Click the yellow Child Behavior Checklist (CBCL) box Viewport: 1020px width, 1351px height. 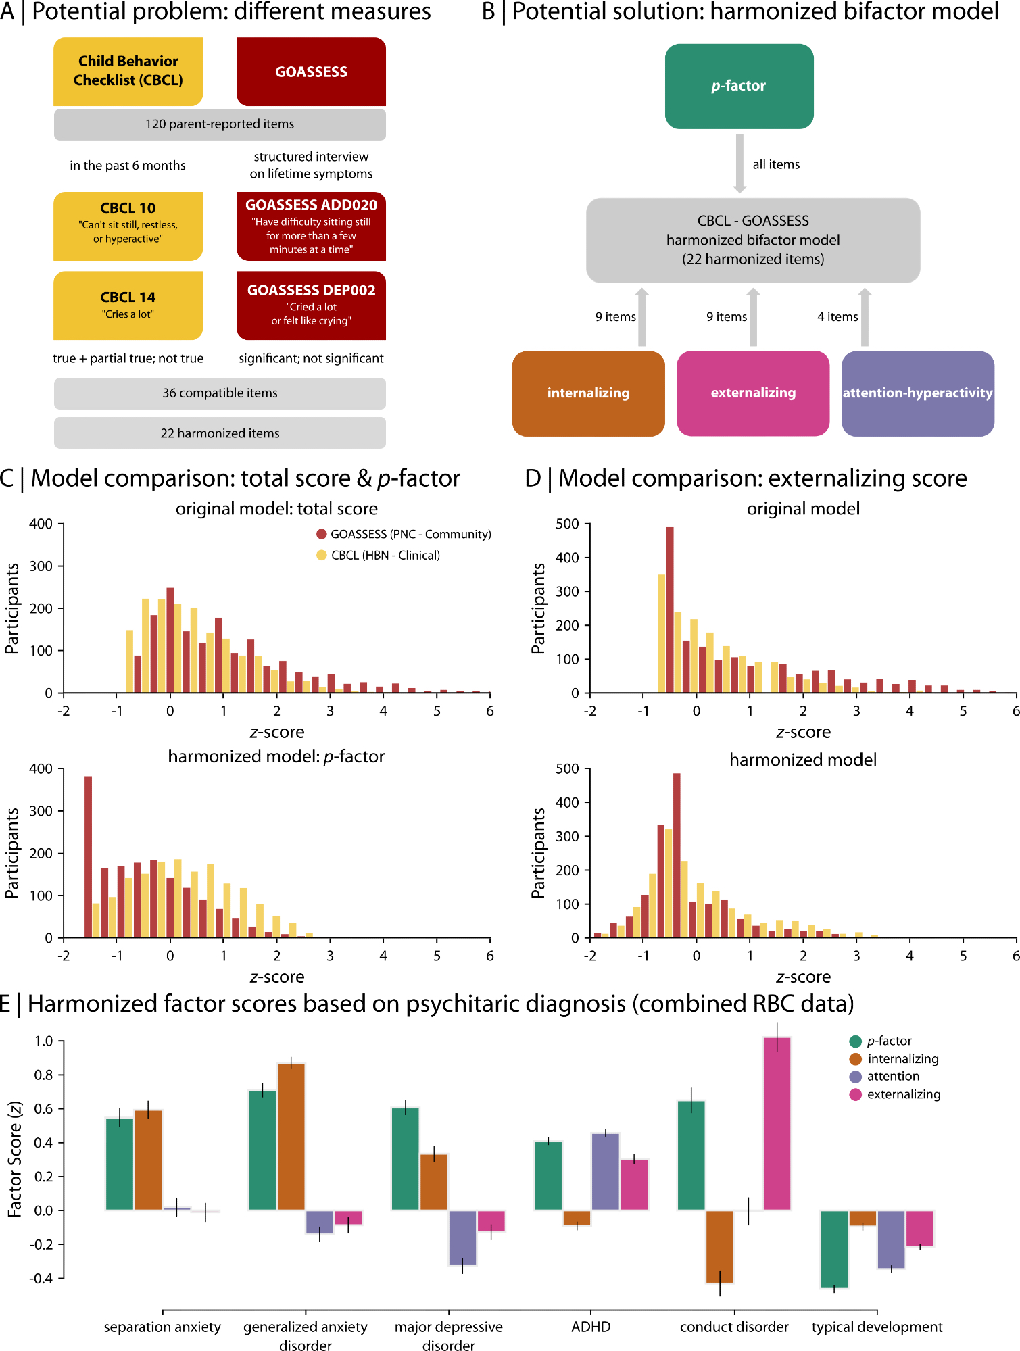tap(128, 71)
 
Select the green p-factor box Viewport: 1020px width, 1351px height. tap(739, 86)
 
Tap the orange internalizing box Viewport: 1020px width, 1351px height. tap(588, 393)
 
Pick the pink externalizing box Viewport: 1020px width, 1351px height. tap(753, 393)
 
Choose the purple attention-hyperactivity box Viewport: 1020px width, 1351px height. tap(917, 393)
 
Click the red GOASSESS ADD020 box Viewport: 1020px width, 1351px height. tap(311, 226)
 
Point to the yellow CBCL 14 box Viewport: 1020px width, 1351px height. tap(128, 305)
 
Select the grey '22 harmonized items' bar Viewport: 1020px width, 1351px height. tap(220, 433)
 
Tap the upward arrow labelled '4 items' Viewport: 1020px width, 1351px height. tap(865, 317)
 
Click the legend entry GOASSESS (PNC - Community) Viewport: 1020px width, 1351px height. tap(404, 534)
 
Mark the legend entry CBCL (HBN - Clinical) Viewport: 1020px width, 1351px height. tap(379, 555)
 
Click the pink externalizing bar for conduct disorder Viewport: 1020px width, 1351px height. tap(777, 1123)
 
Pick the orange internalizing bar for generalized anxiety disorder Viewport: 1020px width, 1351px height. tap(291, 1136)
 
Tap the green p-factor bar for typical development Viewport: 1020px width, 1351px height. tap(834, 1249)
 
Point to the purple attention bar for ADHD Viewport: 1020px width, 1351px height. tap(606, 1171)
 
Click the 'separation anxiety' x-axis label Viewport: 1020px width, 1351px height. tap(162, 1327)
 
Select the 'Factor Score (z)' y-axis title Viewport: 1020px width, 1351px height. tap(15, 1159)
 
